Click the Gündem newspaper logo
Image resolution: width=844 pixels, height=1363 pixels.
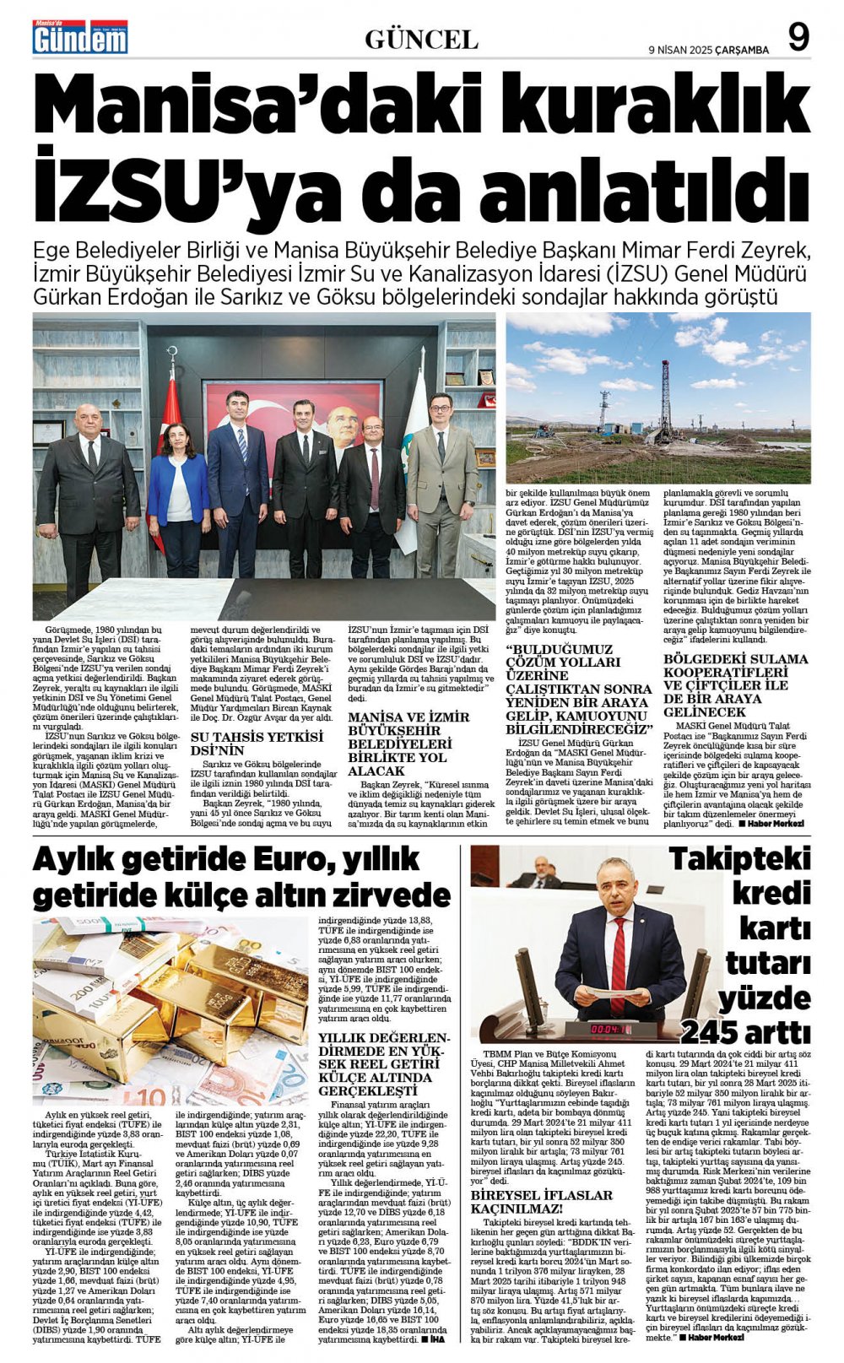click(x=80, y=38)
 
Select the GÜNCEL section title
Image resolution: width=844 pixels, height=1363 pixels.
click(x=421, y=40)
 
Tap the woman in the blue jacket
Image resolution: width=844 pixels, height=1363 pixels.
click(x=179, y=489)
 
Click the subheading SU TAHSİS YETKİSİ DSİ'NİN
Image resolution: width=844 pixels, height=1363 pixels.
click(x=257, y=743)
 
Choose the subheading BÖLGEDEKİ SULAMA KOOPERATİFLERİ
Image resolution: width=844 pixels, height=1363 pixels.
click(x=735, y=685)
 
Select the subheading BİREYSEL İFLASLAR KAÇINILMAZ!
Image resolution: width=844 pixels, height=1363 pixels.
click(x=541, y=1202)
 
